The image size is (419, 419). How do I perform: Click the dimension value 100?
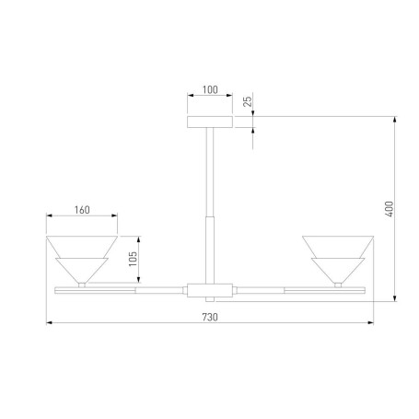[x=209, y=91]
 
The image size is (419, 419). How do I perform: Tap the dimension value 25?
[x=247, y=102]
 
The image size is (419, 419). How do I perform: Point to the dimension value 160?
[x=81, y=210]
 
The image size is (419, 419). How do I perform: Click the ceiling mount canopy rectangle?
[x=210, y=122]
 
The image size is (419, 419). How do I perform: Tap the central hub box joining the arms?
[x=209, y=290]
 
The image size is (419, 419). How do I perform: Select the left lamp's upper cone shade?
[x=82, y=246]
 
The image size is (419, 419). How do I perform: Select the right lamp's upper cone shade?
[x=337, y=246]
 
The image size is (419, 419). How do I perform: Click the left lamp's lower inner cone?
[x=82, y=270]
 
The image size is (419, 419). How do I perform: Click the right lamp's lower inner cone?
[x=337, y=270]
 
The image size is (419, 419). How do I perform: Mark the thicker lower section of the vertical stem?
[x=210, y=249]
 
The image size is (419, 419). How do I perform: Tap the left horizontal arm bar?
[x=120, y=290]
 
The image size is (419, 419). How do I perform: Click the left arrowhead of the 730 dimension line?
[x=50, y=323]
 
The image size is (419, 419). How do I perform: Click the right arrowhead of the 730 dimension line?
[x=369, y=323]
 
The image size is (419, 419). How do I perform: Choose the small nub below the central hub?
[x=210, y=300]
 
